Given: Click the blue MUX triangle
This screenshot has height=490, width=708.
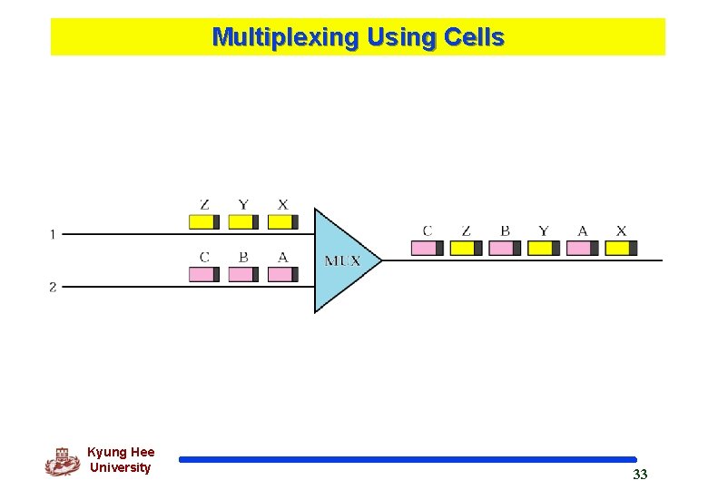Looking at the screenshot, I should (x=341, y=260).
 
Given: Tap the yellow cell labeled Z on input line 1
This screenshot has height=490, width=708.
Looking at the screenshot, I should (x=204, y=221).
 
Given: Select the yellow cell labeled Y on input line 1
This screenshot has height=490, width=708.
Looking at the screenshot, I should (x=243, y=221).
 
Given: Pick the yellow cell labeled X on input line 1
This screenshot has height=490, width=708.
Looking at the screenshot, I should (x=282, y=221).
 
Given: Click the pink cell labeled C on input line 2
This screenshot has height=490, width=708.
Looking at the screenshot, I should (x=204, y=274).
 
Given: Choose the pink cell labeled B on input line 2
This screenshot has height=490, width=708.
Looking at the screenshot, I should (x=243, y=274).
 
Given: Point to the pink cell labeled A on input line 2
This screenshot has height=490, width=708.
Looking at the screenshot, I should (x=282, y=274).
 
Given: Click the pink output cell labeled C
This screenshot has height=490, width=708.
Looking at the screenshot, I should (x=427, y=248).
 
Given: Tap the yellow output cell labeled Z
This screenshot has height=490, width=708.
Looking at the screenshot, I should (x=466, y=248).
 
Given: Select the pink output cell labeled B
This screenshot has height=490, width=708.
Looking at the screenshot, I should (x=505, y=248).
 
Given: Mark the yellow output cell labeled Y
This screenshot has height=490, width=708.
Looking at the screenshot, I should (x=544, y=248).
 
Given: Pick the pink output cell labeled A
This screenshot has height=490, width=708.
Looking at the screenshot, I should (x=583, y=248).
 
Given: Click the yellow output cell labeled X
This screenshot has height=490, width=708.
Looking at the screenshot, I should (x=622, y=248).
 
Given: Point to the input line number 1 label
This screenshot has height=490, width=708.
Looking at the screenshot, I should (x=53, y=235).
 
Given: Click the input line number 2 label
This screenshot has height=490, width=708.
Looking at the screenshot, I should (x=53, y=287).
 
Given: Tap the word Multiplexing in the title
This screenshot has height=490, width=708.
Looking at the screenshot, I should (x=285, y=37).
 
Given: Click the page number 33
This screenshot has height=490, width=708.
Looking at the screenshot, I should (x=640, y=475).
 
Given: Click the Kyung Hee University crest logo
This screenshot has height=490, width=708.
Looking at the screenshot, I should (x=62, y=461).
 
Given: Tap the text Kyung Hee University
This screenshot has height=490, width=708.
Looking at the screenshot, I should (x=121, y=460).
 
